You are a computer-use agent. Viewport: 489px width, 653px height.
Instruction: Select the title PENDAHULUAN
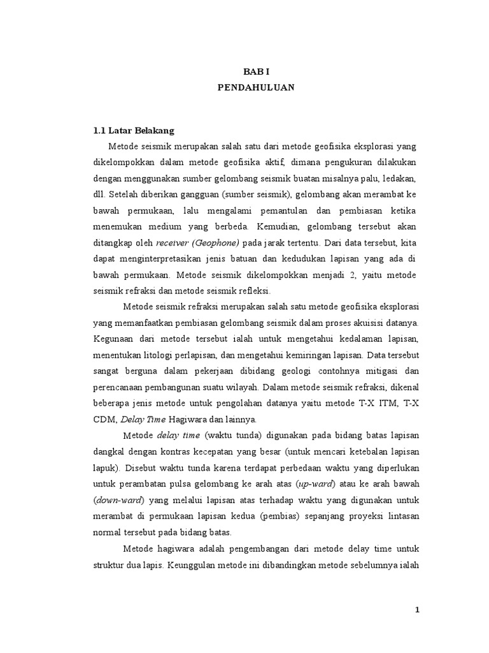click(x=256, y=88)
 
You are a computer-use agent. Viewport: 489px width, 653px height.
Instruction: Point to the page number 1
click(x=418, y=610)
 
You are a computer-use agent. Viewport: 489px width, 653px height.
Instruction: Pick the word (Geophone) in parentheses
click(x=216, y=243)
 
